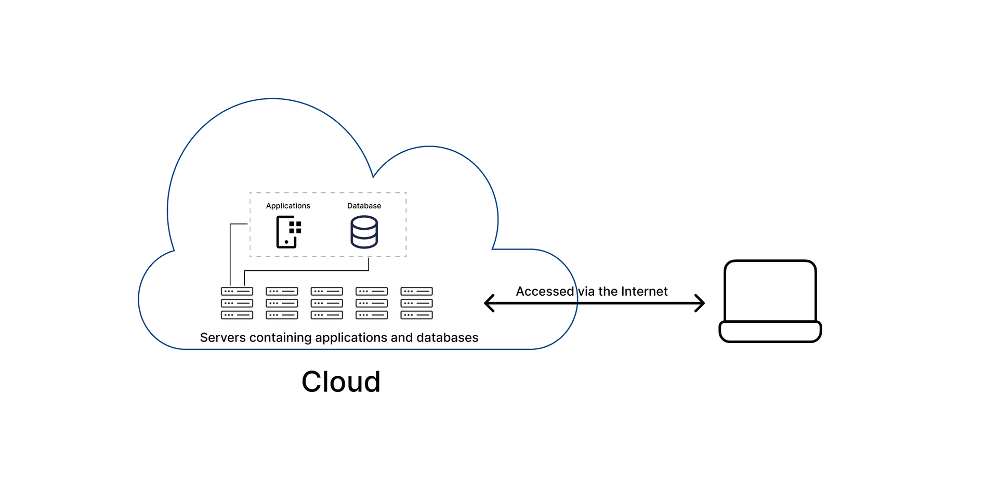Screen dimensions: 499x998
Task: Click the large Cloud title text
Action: pyautogui.click(x=341, y=382)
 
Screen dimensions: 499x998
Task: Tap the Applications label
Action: pyautogui.click(x=288, y=206)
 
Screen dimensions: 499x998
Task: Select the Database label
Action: pyautogui.click(x=364, y=206)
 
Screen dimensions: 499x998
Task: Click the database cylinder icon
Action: pyautogui.click(x=364, y=232)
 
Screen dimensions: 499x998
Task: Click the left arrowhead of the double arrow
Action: pyautogui.click(x=489, y=303)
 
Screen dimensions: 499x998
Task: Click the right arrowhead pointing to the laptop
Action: pyautogui.click(x=700, y=303)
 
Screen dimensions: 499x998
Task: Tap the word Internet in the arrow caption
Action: pyautogui.click(x=644, y=292)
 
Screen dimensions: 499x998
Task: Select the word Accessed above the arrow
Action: pyautogui.click(x=544, y=292)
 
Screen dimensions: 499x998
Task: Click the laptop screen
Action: pyautogui.click(x=770, y=291)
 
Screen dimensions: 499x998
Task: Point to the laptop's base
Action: pyautogui.click(x=770, y=332)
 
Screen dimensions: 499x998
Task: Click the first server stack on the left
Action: pyautogui.click(x=237, y=303)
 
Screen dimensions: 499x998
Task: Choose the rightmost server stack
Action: pyautogui.click(x=416, y=303)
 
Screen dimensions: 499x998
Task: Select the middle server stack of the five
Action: pyautogui.click(x=326, y=303)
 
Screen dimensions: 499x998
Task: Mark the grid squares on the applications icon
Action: pyautogui.click(x=295, y=227)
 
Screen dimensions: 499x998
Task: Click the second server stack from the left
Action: pyautogui.click(x=282, y=303)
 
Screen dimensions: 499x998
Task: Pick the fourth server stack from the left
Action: pyautogui.click(x=372, y=303)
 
